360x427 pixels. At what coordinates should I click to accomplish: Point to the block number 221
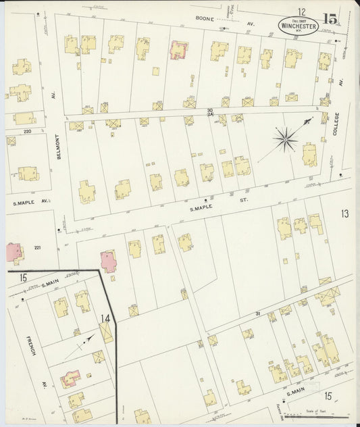coord(38,248)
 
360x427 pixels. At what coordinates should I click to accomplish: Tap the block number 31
coord(257,313)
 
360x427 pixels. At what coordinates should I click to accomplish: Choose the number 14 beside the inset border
coord(105,317)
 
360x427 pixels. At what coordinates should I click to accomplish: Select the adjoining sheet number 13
coord(344,214)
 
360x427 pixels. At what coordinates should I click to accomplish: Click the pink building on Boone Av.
coord(179,50)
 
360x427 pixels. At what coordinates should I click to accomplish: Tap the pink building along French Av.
coord(71,378)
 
